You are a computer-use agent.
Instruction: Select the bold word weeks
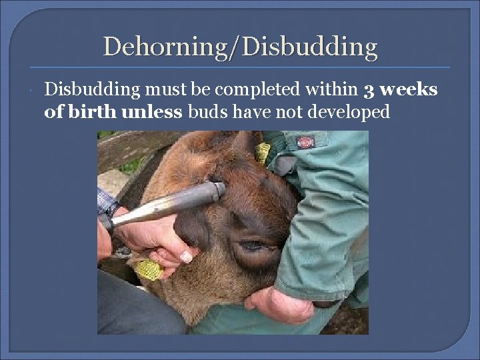point(409,89)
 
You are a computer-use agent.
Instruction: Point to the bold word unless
point(152,111)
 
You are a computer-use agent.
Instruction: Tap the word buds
point(207,111)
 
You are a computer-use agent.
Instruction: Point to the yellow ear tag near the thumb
point(149,269)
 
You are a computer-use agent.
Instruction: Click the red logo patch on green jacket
point(305,141)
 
